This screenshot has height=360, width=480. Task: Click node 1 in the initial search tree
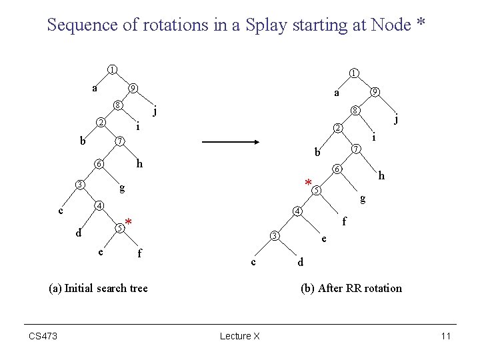pyautogui.click(x=113, y=69)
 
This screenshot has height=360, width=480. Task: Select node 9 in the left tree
pyautogui.click(x=133, y=87)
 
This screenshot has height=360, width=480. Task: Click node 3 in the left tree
pyautogui.click(x=79, y=184)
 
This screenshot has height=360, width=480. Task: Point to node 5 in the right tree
pyautogui.click(x=317, y=191)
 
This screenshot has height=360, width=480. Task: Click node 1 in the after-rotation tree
pyautogui.click(x=355, y=72)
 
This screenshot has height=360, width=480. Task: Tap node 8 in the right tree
pyautogui.click(x=357, y=110)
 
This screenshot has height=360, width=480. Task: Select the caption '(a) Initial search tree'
pyautogui.click(x=99, y=288)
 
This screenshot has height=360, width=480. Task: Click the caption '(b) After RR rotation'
pyautogui.click(x=351, y=288)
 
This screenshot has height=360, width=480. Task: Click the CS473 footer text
pyautogui.click(x=43, y=336)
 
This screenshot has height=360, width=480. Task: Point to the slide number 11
pyautogui.click(x=446, y=336)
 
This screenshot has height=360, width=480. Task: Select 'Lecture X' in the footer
pyautogui.click(x=239, y=336)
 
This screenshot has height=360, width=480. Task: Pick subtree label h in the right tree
pyautogui.click(x=381, y=176)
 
